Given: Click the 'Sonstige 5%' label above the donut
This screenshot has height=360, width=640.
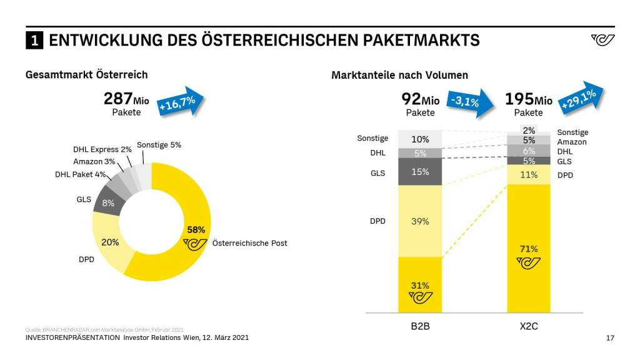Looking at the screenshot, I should tap(159, 144).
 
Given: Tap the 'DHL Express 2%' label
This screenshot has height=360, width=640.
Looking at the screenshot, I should tap(102, 150).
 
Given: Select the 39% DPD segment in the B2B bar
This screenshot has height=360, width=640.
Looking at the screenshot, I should tap(419, 221).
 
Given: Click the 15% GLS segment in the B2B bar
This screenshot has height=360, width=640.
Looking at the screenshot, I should tap(419, 171).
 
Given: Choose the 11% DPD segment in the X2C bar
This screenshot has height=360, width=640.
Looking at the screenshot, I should tap(529, 174).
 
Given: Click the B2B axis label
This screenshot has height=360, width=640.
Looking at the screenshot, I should tap(421, 326).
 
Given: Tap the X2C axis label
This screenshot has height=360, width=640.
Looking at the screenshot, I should tap(529, 326).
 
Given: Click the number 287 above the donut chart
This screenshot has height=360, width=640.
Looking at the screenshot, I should tap(118, 98).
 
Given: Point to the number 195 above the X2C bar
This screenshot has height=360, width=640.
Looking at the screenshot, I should tap(519, 99).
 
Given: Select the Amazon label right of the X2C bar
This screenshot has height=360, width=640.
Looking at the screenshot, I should tap(572, 142).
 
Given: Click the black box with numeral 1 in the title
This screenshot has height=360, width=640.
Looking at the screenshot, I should tap(34, 41).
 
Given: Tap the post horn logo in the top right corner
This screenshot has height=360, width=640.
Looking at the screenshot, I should tap(602, 40).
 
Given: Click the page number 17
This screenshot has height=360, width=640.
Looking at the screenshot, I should tap(610, 338).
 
